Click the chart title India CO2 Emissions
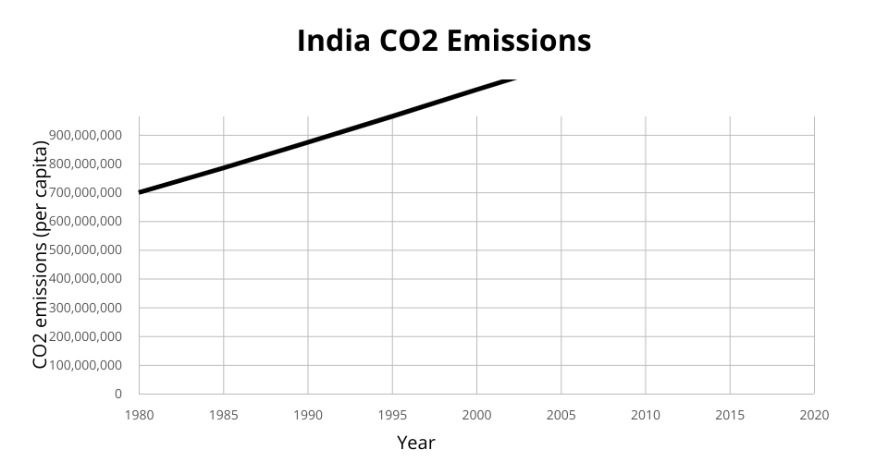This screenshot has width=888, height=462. pos(444,41)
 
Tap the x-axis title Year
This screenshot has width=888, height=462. pos(415,443)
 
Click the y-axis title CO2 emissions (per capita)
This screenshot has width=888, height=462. pos(40,254)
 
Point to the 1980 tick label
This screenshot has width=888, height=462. pos(139,415)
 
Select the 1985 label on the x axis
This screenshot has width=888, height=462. pos(224,415)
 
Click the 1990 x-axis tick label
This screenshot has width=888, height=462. pos(308,415)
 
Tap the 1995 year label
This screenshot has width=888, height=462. pos(392,415)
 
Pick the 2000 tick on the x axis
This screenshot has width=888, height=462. pos(476,415)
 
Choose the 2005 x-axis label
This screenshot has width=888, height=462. pos(561,415)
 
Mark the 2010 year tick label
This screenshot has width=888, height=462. pos(646,415)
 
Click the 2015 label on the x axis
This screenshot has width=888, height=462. pos(730,415)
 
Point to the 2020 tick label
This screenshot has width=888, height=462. pos(814,415)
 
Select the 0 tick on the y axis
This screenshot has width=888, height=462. pos(117,394)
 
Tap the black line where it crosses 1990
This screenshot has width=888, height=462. pos(308,142)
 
